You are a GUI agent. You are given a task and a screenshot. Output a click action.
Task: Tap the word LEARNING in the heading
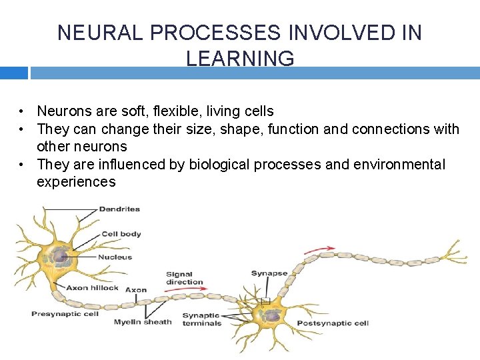pyautogui.click(x=240, y=59)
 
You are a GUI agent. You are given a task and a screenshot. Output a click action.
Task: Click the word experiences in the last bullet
pyautogui.click(x=76, y=182)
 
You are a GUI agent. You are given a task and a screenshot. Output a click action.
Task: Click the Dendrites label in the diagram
pyautogui.click(x=119, y=209)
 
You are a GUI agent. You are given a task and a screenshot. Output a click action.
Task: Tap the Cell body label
pyautogui.click(x=121, y=234)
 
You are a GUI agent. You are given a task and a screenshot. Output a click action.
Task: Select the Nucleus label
pyautogui.click(x=115, y=257)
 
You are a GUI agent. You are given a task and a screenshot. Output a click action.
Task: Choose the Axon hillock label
pyautogui.click(x=92, y=288)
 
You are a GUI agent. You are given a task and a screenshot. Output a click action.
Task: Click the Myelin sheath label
pyautogui.click(x=142, y=322)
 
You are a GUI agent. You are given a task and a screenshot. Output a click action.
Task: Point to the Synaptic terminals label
pyautogui.click(x=201, y=319)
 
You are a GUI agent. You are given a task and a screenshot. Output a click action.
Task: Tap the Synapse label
pyautogui.click(x=269, y=273)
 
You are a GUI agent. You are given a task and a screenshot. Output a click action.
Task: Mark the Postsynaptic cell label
pyautogui.click(x=332, y=323)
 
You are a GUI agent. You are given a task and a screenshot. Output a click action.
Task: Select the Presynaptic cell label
pyautogui.click(x=65, y=313)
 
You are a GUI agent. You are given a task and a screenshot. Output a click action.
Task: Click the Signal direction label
pyautogui.click(x=183, y=278)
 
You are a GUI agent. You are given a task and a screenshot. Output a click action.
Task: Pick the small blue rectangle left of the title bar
pyautogui.click(x=13, y=72)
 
